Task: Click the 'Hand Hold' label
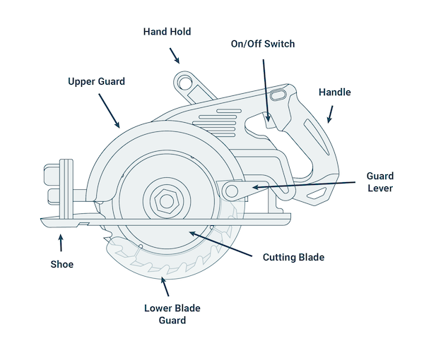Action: click(x=167, y=32)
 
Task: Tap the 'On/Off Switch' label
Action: click(x=263, y=44)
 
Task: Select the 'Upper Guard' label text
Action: click(x=96, y=82)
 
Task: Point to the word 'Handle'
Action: click(x=334, y=92)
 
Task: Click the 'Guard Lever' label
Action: click(x=379, y=182)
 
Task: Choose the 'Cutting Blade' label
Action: click(x=293, y=257)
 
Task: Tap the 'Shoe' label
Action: click(x=61, y=265)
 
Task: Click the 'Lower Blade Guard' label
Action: click(x=165, y=314)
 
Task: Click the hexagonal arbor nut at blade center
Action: click(x=167, y=200)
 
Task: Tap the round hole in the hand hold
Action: click(x=184, y=83)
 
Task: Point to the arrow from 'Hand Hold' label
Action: click(x=174, y=56)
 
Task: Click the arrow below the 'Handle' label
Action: click(x=329, y=114)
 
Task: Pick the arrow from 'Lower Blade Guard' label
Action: click(x=166, y=286)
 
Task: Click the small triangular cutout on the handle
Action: click(x=319, y=192)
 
